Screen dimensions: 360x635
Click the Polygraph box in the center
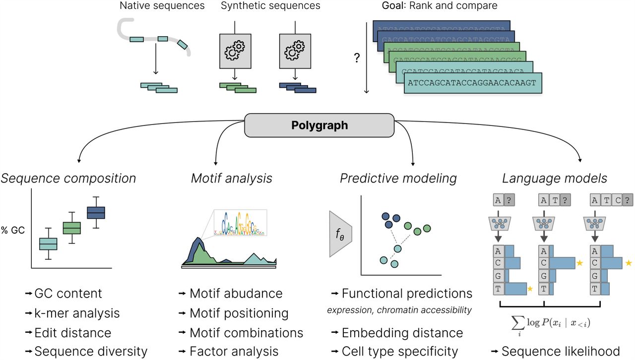319,125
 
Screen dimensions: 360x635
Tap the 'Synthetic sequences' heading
270,6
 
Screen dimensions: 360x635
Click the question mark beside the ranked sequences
356,58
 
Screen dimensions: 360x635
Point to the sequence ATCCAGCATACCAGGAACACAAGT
472,83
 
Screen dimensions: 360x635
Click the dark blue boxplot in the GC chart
96,212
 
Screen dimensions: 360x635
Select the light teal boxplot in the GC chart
48,243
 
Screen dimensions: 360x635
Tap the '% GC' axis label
12,230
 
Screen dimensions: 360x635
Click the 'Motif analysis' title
232,178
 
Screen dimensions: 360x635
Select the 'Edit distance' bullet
72,332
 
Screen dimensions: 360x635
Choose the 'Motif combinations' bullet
246,332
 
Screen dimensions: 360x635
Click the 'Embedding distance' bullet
402,333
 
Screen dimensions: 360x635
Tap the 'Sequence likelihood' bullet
560,351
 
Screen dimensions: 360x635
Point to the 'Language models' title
554,178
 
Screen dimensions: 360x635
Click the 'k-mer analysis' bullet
77,313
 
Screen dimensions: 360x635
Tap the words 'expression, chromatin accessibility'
399,310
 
